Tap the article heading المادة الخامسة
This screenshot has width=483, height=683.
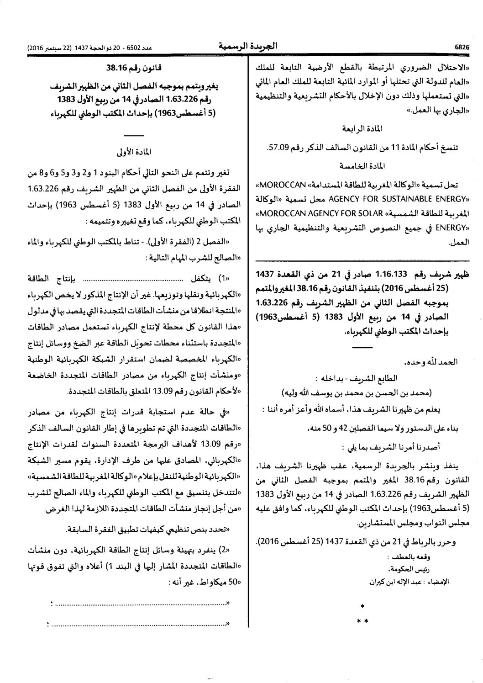364,164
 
